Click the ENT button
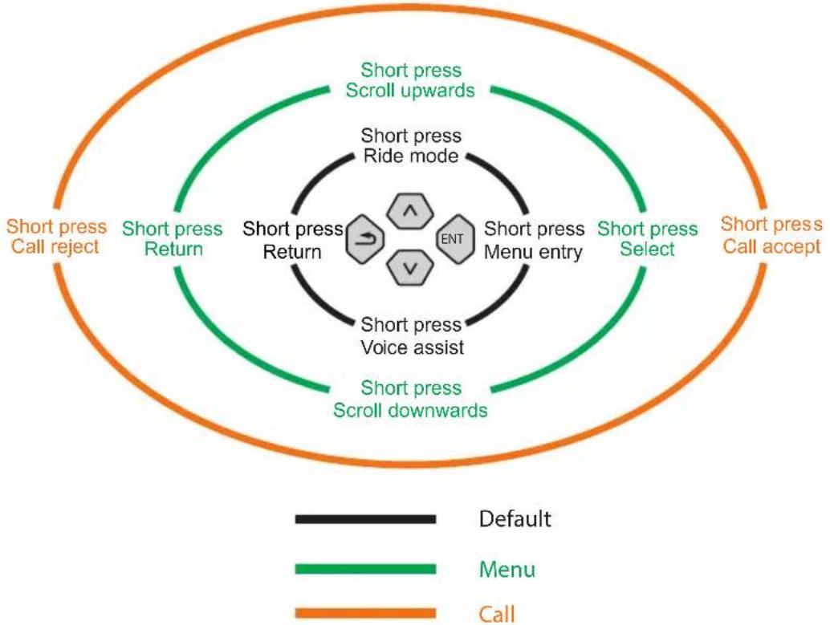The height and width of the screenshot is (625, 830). (454, 239)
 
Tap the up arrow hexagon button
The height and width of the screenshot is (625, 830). (409, 211)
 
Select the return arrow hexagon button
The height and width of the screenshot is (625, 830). (365, 239)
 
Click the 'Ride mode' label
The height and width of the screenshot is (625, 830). (411, 156)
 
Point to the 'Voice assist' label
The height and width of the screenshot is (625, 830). (413, 347)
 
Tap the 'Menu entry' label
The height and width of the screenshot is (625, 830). (533, 253)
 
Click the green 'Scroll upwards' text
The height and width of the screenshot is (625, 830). (410, 91)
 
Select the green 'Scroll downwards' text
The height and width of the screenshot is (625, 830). (410, 410)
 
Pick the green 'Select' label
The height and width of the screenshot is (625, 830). (647, 249)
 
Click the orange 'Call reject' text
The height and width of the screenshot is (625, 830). (55, 246)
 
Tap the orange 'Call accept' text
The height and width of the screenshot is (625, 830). (771, 246)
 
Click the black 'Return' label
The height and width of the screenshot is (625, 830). (292, 252)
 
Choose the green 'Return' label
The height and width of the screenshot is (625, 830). (173, 249)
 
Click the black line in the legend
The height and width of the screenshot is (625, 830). (366, 519)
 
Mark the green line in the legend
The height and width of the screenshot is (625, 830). (366, 569)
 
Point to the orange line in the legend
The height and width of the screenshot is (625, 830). (366, 613)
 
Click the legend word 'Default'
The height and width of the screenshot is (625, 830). (515, 519)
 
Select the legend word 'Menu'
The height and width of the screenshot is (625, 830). (507, 570)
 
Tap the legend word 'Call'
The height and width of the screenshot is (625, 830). (497, 615)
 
